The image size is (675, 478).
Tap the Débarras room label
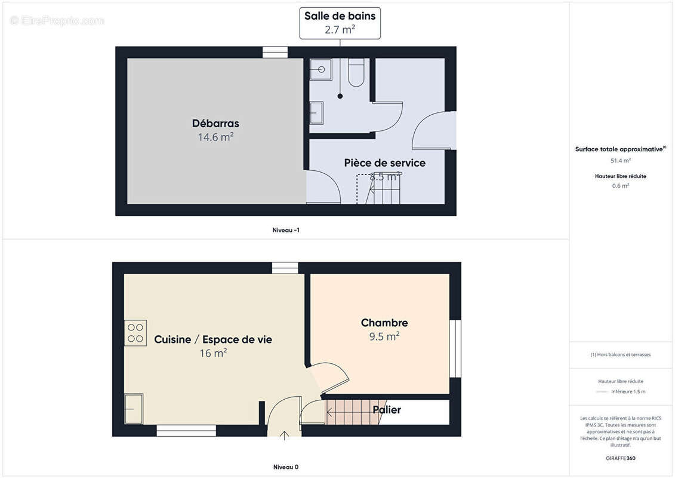tap(215, 124)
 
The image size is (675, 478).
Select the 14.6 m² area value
tap(215, 137)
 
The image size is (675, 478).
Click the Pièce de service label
tap(384, 163)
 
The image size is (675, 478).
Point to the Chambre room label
tap(384, 323)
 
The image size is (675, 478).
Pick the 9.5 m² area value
tap(384, 336)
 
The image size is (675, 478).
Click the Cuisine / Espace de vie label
tap(213, 339)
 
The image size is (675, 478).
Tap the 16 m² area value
tap(213, 353)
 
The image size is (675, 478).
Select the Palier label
tap(387, 410)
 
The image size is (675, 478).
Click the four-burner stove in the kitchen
tap(135, 333)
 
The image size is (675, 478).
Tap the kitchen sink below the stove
tap(134, 409)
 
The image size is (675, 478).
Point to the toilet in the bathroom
tap(356, 73)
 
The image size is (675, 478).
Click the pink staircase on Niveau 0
tap(352, 411)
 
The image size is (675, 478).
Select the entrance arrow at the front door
tap(284, 436)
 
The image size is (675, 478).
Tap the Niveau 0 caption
tap(286, 467)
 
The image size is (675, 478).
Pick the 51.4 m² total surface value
tap(621, 160)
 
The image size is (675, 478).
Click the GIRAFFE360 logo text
tap(621, 458)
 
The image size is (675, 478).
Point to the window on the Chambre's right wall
tap(455, 348)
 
